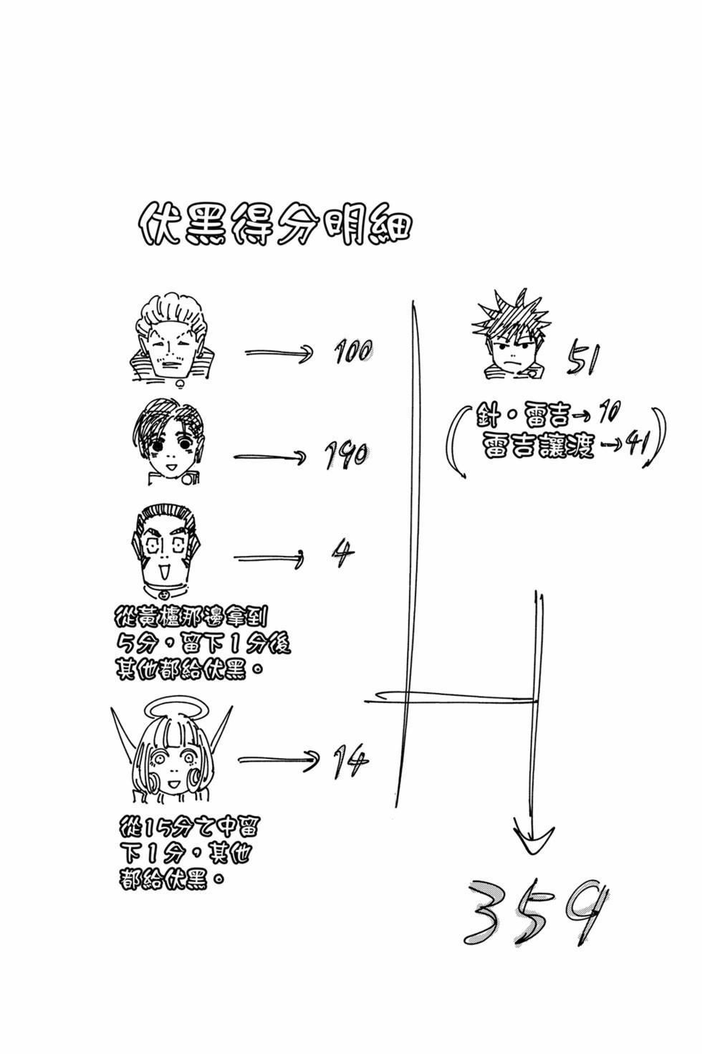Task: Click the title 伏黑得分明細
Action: pos(275,224)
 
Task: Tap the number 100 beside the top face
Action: pos(353,350)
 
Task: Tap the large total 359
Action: pos(535,916)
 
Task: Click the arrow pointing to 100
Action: pos(279,352)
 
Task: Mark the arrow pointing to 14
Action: pos(279,761)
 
